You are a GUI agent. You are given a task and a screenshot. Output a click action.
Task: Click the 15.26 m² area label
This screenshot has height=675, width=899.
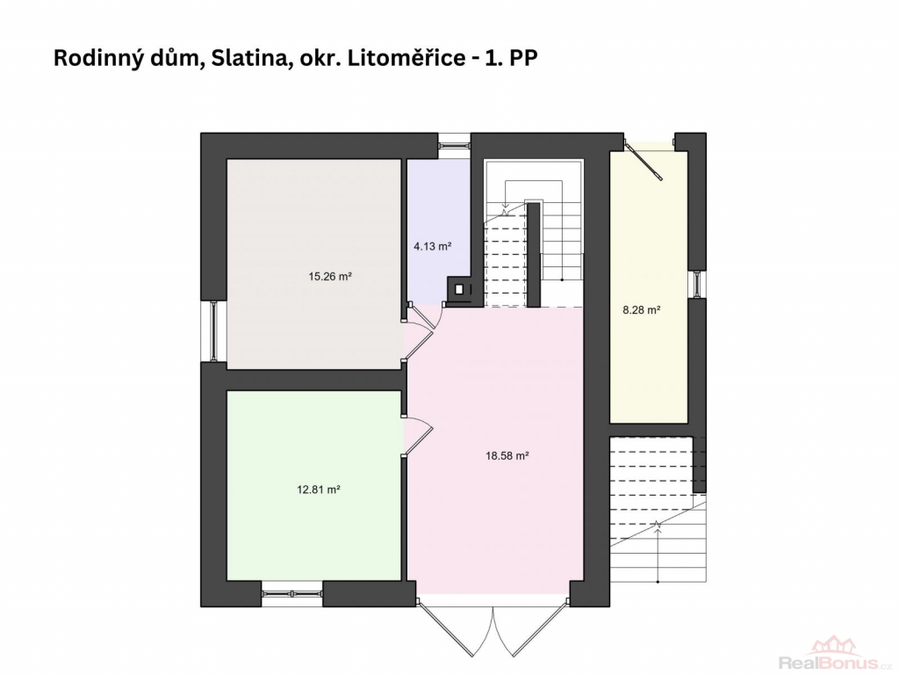[330, 277]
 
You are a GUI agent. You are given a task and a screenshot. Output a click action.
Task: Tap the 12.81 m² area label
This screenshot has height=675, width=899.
[319, 490]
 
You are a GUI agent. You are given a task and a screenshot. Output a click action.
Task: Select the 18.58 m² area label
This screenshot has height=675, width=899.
[507, 456]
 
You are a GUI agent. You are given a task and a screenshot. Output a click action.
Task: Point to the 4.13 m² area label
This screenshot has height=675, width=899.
[433, 247]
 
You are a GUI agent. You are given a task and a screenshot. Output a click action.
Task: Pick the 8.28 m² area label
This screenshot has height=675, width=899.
[642, 310]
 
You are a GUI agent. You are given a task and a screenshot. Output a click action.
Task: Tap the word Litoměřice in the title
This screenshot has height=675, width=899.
[406, 58]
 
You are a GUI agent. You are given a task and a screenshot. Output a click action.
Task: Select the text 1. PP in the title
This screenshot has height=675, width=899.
[512, 58]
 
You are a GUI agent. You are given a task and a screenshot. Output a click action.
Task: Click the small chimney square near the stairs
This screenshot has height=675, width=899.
[458, 290]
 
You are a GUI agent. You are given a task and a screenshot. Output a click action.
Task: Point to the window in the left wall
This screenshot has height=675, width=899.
[213, 331]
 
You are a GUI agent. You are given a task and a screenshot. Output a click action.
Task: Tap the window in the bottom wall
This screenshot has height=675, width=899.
[291, 593]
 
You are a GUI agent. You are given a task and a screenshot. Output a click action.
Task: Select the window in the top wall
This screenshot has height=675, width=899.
[454, 142]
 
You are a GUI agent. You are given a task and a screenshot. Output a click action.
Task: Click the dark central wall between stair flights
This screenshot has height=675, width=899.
[534, 255]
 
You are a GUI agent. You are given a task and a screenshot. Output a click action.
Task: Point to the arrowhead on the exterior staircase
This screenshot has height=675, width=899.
[658, 526]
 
